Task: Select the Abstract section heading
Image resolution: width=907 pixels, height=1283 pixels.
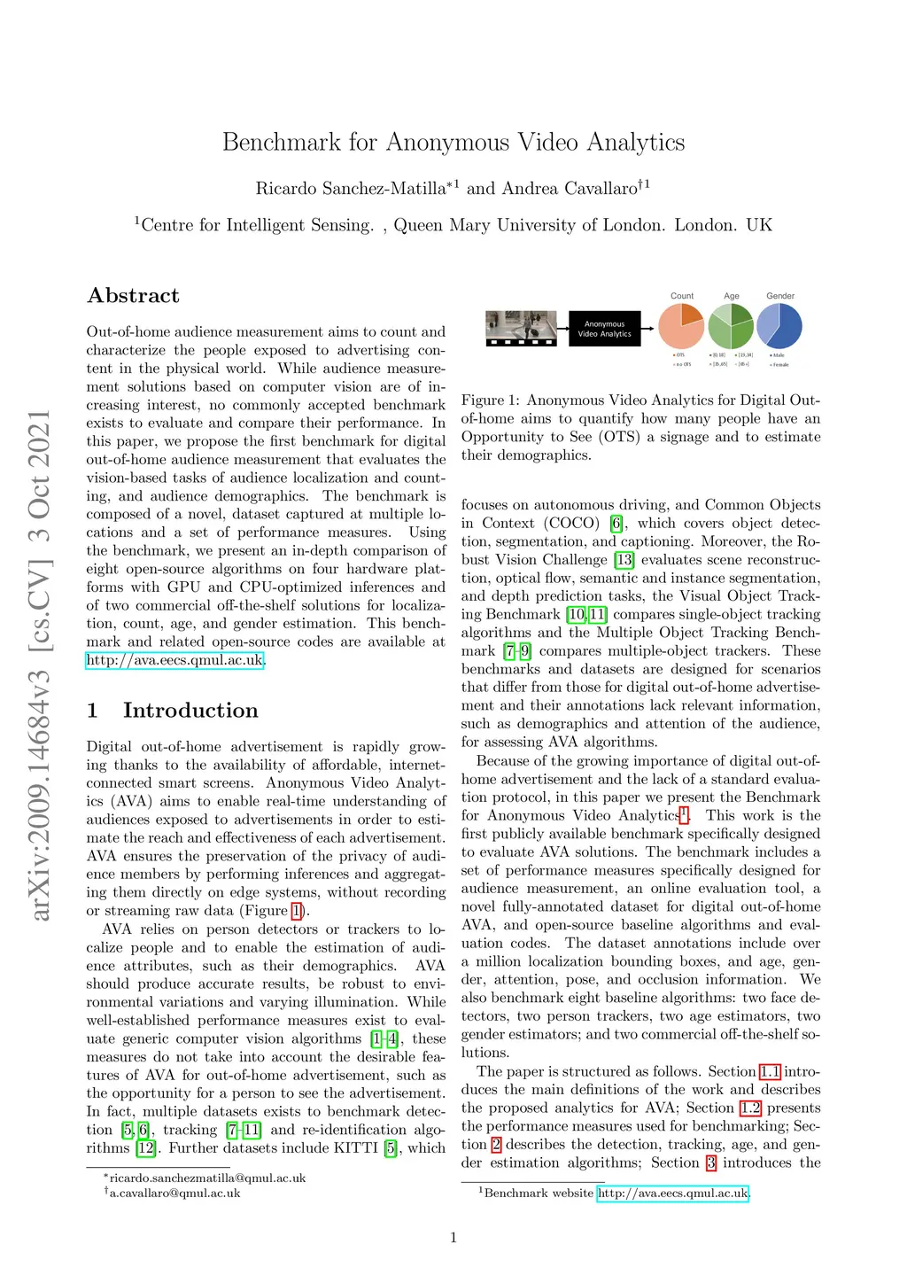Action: (x=133, y=296)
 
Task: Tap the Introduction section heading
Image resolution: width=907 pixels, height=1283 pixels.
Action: (x=190, y=711)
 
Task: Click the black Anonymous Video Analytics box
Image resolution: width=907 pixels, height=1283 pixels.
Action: (x=604, y=329)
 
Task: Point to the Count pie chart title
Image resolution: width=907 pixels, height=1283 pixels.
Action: (x=682, y=296)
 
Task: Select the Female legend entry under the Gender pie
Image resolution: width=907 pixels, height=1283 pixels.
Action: (x=779, y=364)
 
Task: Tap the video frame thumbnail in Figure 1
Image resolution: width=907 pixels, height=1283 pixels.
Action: (x=522, y=328)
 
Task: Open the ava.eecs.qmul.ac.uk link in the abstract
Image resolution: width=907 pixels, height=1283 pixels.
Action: (x=174, y=660)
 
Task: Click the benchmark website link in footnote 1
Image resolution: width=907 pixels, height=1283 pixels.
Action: (x=672, y=1194)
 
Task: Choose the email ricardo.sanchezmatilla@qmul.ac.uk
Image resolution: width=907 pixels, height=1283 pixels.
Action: (x=207, y=1178)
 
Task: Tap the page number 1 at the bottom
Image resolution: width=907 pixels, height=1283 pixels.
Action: (x=453, y=1238)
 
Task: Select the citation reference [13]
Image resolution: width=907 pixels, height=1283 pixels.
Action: (x=624, y=560)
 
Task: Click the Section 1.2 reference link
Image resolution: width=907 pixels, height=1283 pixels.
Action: (x=750, y=1108)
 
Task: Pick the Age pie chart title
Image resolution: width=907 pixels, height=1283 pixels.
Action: (x=732, y=296)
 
